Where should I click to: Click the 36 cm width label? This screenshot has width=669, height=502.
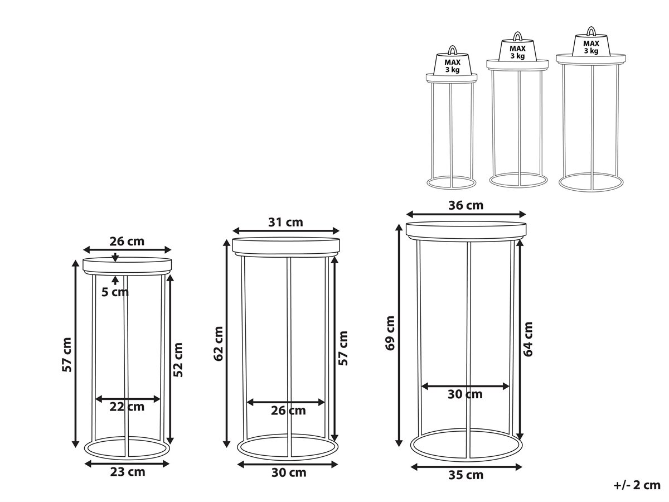click(x=466, y=205)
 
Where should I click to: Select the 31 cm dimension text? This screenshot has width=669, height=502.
click(x=285, y=223)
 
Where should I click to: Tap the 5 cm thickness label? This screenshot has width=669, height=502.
click(x=115, y=292)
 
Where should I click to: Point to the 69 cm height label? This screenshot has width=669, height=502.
click(x=390, y=333)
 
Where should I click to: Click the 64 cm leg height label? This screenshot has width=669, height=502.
click(x=528, y=339)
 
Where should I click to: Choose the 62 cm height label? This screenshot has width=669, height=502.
click(x=218, y=344)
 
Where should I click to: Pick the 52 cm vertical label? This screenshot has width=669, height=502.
click(x=178, y=360)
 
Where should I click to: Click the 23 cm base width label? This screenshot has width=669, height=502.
click(x=128, y=472)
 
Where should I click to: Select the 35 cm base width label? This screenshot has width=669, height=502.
click(x=466, y=475)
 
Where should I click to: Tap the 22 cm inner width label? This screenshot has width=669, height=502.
click(x=127, y=407)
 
